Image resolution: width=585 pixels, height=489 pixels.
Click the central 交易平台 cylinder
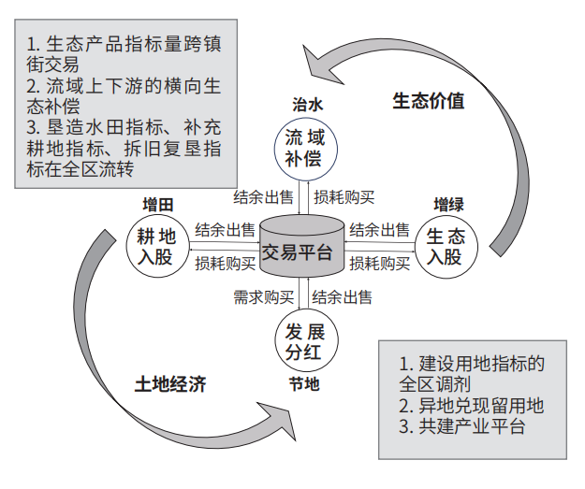tap(301, 246)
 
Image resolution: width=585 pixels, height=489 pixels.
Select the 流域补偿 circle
tap(305, 149)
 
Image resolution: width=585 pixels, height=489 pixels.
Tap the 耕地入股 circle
tap(157, 246)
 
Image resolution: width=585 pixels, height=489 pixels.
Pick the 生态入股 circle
tap(446, 247)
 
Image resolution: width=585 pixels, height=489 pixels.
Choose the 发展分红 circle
tap(306, 340)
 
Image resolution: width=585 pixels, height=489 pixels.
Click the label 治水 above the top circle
tap(307, 105)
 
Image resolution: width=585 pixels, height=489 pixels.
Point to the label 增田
tap(158, 205)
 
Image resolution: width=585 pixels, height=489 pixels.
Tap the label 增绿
tap(448, 204)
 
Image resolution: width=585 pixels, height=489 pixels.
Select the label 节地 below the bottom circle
tap(304, 384)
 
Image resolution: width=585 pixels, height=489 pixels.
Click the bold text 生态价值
tap(429, 101)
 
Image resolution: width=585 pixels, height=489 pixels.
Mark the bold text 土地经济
tap(170, 384)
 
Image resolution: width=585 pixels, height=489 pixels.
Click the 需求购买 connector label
tap(263, 297)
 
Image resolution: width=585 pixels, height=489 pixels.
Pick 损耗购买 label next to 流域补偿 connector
tap(344, 197)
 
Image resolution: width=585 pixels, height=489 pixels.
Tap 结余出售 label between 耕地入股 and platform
tap(225, 230)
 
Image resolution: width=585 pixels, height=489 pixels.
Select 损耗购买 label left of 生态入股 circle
tap(379, 263)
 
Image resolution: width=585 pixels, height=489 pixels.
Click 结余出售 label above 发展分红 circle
tap(343, 297)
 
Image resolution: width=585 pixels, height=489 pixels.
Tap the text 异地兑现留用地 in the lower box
tap(472, 406)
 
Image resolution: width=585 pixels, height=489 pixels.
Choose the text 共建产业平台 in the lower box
tap(462, 426)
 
